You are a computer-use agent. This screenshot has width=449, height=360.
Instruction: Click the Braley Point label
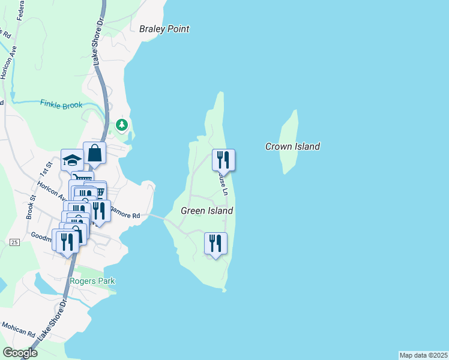(x=164, y=29)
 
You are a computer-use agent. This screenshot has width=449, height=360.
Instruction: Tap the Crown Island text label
(x=292, y=146)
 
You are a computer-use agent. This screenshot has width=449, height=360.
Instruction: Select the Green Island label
(x=206, y=211)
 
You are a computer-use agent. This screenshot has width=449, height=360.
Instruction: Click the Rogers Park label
(x=92, y=281)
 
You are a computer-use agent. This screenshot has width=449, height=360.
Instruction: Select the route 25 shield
(x=15, y=242)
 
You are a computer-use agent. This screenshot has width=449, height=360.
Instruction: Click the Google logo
(x=20, y=353)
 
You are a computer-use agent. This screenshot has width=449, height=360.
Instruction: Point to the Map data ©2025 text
(x=423, y=355)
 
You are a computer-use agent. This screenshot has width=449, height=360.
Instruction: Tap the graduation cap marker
(x=72, y=160)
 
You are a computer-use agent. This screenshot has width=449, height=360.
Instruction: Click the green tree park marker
(x=122, y=125)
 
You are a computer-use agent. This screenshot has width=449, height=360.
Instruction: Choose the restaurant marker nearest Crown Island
(x=223, y=160)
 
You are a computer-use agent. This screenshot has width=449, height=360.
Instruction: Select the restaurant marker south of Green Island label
(x=215, y=243)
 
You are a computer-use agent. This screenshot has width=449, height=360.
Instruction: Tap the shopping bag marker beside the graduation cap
(x=95, y=152)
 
